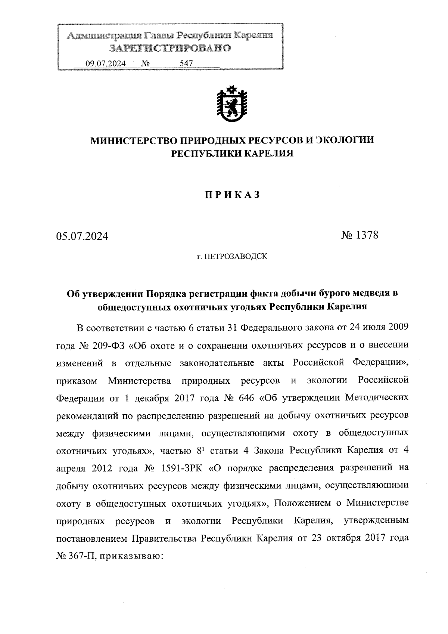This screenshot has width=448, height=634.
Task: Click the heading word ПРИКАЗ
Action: click(x=231, y=195)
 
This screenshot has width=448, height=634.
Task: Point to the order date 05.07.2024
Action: click(x=82, y=236)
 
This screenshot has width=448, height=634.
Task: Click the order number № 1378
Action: click(x=360, y=235)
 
